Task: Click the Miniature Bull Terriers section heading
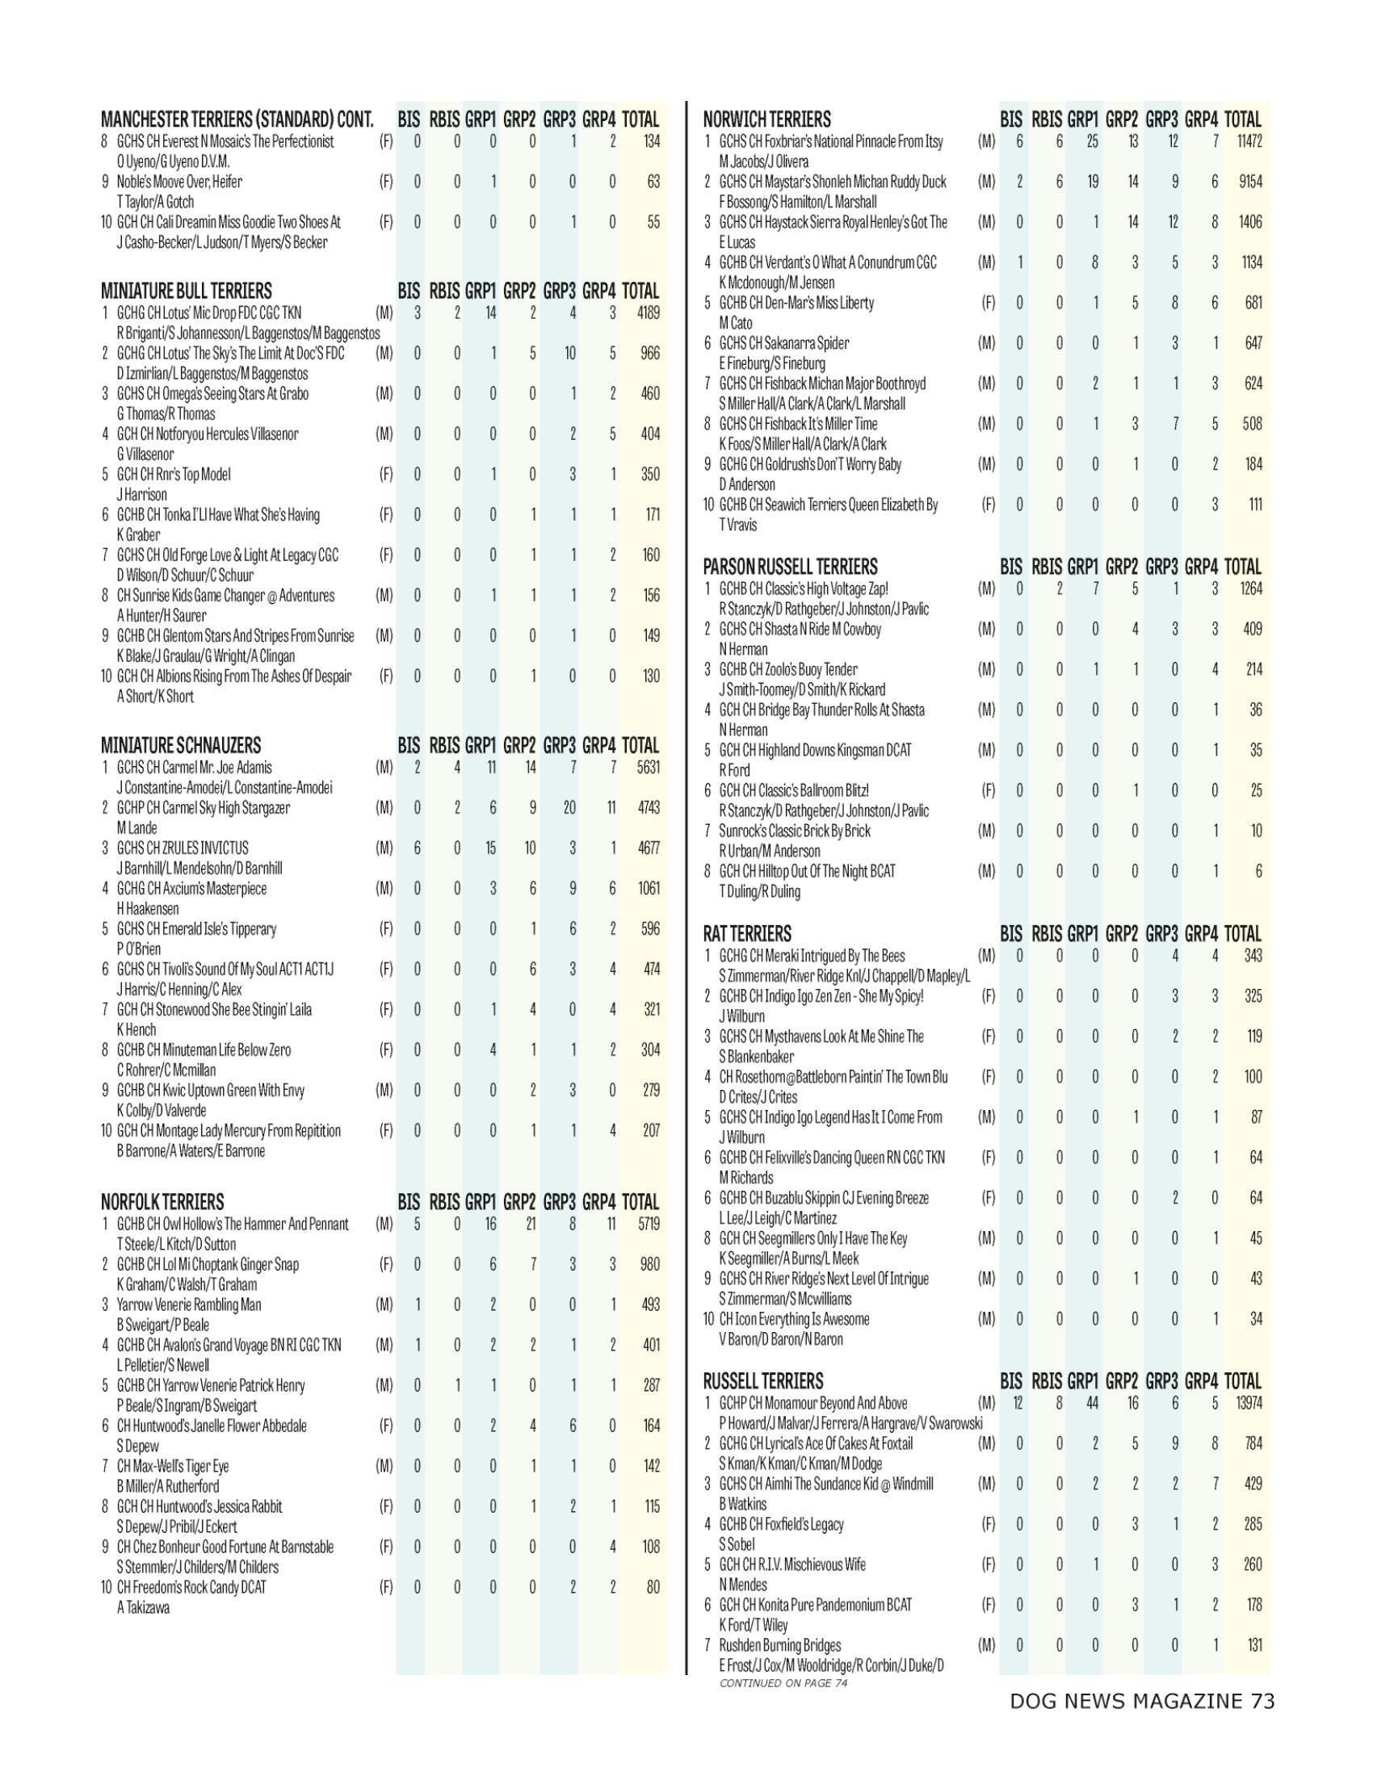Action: click(187, 291)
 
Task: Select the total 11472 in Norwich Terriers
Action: click(1249, 141)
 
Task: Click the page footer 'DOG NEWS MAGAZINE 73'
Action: click(1142, 1701)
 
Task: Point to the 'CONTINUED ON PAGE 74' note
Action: click(783, 1682)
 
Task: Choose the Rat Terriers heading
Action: click(747, 933)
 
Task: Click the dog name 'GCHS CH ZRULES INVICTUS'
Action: click(183, 848)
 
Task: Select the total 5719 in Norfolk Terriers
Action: click(649, 1224)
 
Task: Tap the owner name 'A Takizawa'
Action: click(143, 1607)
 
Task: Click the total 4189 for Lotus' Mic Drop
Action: click(649, 312)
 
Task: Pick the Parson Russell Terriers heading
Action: click(790, 567)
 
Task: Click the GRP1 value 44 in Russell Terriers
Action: click(1094, 1403)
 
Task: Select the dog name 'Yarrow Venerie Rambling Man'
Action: click(190, 1305)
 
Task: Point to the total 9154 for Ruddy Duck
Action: click(1250, 182)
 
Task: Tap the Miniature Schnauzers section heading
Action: click(181, 746)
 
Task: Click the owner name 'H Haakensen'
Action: click(147, 908)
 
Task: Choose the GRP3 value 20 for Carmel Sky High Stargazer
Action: click(569, 807)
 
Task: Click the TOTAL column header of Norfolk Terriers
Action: click(640, 1202)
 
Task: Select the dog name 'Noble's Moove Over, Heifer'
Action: click(180, 182)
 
